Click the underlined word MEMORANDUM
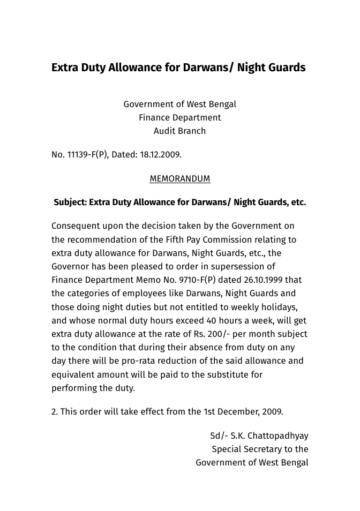(x=179, y=179)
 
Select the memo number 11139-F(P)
(x=87, y=155)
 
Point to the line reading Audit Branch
(x=179, y=131)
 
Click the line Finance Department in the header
(x=179, y=117)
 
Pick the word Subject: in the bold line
(x=70, y=202)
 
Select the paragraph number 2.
(x=55, y=412)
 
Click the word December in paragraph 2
(x=238, y=412)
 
